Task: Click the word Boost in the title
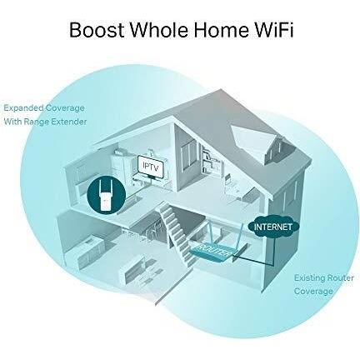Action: click(97, 29)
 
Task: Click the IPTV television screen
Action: click(151, 167)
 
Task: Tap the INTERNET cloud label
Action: click(273, 227)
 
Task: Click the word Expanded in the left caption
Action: click(23, 108)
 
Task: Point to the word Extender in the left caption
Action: click(69, 122)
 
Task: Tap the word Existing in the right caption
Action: click(309, 278)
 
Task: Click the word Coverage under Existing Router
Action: click(313, 292)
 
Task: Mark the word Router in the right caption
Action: click(340, 277)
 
